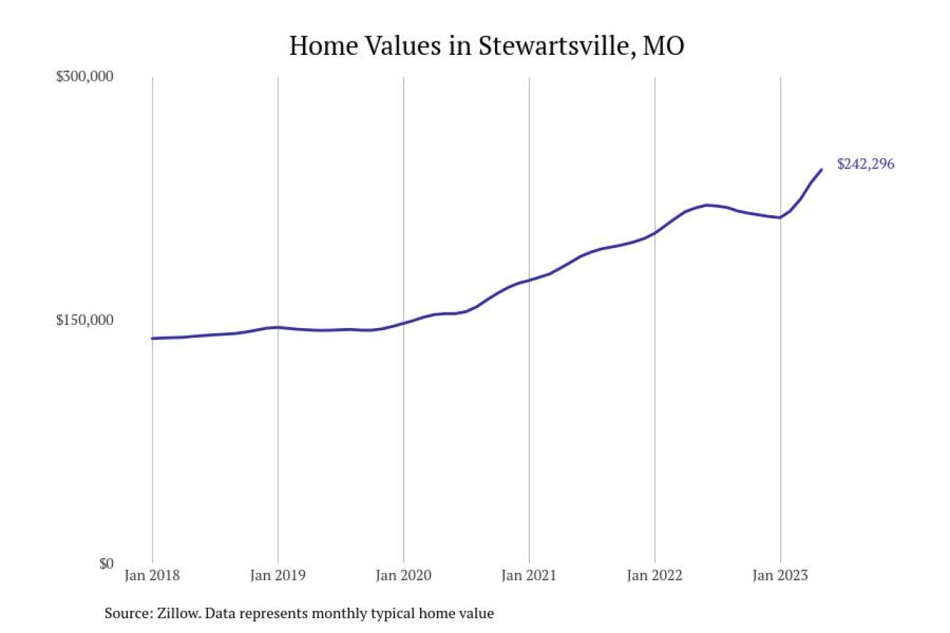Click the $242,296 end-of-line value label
coord(865,164)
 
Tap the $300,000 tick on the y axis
coord(85,76)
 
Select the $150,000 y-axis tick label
coord(85,320)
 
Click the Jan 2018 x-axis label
coord(152,576)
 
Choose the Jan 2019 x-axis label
coord(278,576)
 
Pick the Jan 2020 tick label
coord(403,576)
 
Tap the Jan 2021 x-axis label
coord(529,576)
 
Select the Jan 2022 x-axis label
coord(655,576)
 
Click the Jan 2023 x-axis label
coord(780,576)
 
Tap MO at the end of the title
coord(664,46)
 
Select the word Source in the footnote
coord(128,614)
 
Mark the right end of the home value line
coord(822,169)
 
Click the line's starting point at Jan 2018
coord(152,338)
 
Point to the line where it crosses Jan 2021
coord(529,280)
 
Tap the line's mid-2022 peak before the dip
coord(707,205)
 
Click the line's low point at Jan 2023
coord(780,217)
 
